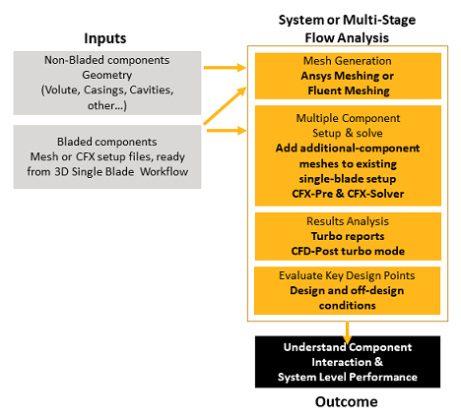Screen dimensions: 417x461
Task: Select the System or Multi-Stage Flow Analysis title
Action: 348,29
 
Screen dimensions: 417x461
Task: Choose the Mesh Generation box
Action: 347,76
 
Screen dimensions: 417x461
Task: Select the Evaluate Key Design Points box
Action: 347,290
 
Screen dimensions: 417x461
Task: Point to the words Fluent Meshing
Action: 347,90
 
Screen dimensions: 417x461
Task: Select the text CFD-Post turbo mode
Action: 347,252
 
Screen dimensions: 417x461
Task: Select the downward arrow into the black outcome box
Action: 348,332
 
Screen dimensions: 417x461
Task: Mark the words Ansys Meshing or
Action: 347,76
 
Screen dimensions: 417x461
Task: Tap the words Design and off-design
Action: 347,291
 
